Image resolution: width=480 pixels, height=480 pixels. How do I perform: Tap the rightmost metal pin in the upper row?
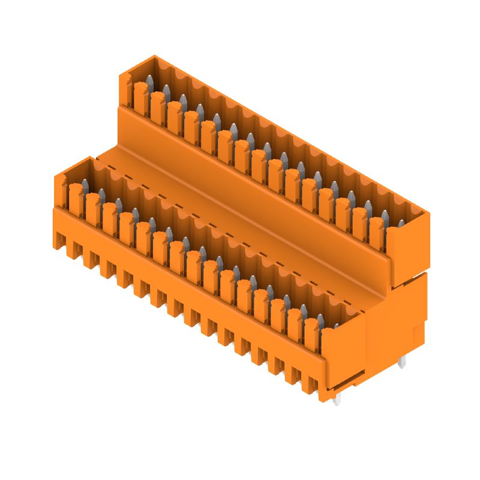(x=401, y=224)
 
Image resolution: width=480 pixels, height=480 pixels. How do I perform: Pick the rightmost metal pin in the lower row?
(x=336, y=326)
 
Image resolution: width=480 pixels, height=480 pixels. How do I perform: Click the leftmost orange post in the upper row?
(x=140, y=96)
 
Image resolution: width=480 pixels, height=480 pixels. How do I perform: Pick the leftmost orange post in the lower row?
(x=75, y=198)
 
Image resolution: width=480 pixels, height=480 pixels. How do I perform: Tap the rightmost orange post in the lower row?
(x=311, y=336)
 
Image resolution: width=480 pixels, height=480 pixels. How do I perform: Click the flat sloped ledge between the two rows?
(x=240, y=222)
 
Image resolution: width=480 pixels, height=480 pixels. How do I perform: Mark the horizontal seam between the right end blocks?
(x=408, y=277)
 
